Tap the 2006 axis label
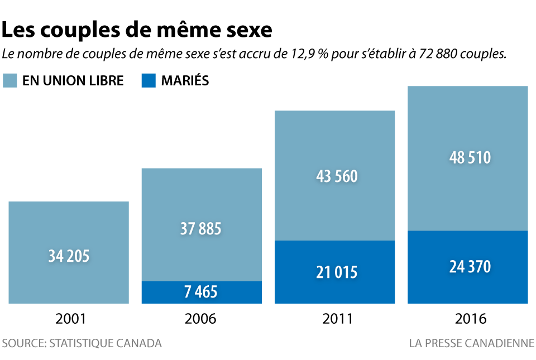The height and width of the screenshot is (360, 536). click(x=200, y=319)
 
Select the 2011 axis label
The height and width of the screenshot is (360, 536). click(x=338, y=319)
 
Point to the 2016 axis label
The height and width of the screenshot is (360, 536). click(x=471, y=319)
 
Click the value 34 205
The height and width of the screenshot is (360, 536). click(x=69, y=256)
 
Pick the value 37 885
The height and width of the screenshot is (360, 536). click(x=200, y=229)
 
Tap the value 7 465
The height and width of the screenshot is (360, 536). click(x=200, y=291)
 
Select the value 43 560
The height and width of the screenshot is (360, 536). click(x=337, y=177)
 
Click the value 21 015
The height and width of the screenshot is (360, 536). click(x=337, y=272)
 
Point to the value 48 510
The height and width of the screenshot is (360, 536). click(x=470, y=158)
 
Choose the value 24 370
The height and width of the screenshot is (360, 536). click(x=470, y=267)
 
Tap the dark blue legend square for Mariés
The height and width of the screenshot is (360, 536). click(x=149, y=80)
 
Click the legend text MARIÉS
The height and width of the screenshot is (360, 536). click(x=185, y=80)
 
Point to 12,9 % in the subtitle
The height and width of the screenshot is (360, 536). click(x=309, y=54)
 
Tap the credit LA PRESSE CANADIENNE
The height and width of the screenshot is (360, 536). click(x=471, y=343)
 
